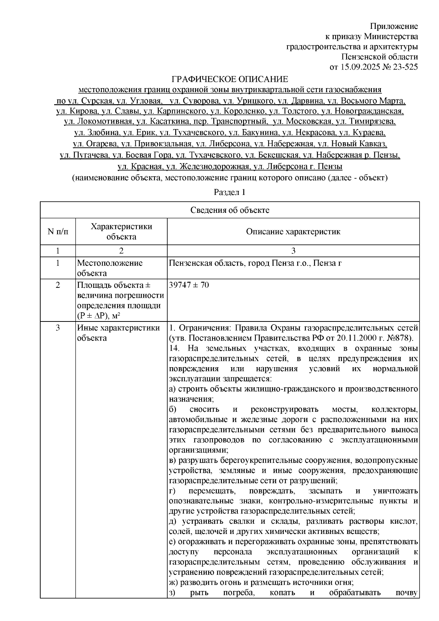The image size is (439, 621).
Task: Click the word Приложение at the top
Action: pos(394,26)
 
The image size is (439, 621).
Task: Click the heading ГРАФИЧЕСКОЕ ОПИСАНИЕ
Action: pos(230,79)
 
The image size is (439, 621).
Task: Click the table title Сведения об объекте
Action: pos(230,210)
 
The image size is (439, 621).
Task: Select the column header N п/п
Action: pos(57,232)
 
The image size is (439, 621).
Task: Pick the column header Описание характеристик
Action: pos(293,232)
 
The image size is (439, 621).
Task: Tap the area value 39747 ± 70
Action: pos(189,285)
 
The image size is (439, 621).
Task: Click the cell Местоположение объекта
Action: pos(110,268)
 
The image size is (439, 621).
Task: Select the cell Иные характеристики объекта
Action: pos(118,333)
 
